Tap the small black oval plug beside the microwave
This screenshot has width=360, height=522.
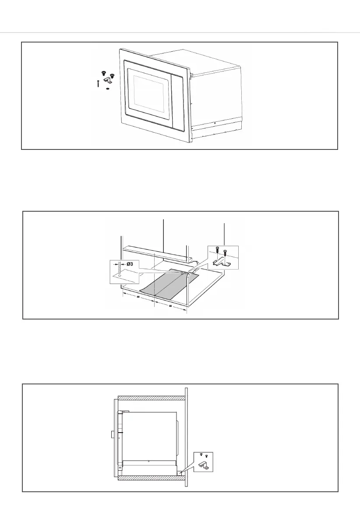click(107, 89)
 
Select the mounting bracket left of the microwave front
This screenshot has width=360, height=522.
click(108, 80)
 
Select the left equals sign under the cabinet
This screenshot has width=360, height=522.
click(138, 297)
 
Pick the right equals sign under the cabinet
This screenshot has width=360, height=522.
click(170, 306)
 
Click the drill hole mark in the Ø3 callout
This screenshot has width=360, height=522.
click(119, 277)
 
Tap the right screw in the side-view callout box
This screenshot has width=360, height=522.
click(207, 456)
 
